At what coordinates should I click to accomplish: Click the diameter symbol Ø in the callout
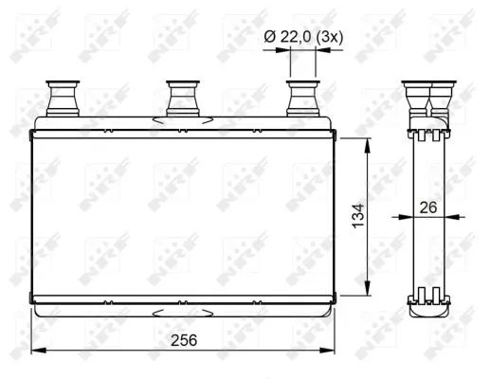click(x=269, y=35)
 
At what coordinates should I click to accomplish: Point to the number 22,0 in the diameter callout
click(x=297, y=35)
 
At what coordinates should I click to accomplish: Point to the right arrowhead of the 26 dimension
click(x=447, y=217)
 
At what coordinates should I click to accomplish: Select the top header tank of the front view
click(x=182, y=127)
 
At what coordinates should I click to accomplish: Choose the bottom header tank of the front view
click(x=182, y=305)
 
